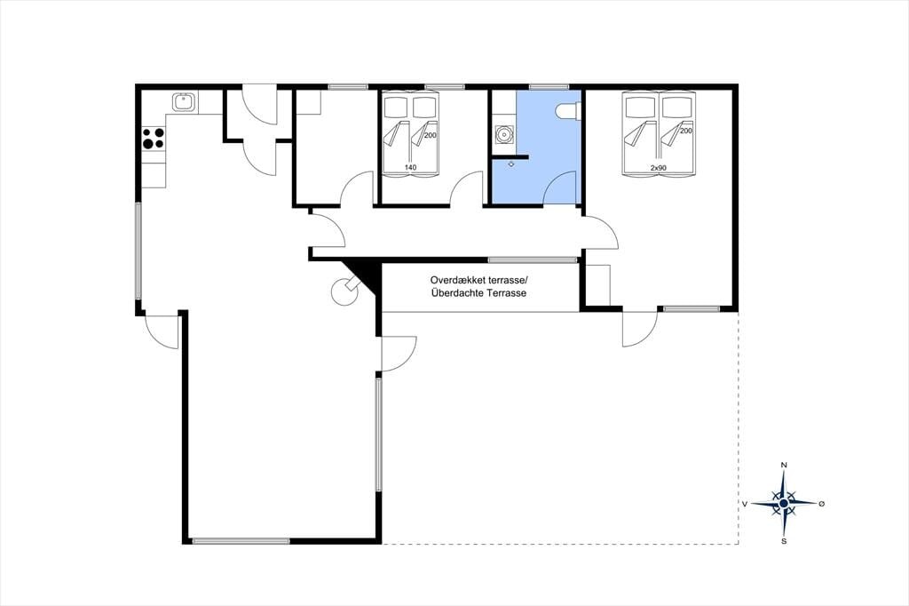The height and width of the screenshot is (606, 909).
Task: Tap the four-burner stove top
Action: pyautogui.click(x=154, y=138)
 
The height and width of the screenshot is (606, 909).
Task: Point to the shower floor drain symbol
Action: pyautogui.click(x=510, y=164)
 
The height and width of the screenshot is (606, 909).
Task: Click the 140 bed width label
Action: pyautogui.click(x=410, y=168)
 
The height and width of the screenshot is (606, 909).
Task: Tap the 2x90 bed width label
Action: pyautogui.click(x=658, y=168)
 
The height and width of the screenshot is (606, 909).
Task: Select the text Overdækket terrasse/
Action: pyautogui.click(x=479, y=279)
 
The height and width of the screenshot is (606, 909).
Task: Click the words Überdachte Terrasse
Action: pyautogui.click(x=478, y=293)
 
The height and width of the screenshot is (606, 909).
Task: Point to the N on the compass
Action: pyautogui.click(x=784, y=465)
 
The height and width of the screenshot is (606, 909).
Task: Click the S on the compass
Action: pyautogui.click(x=784, y=541)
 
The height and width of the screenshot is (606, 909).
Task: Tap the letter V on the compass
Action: pyautogui.click(x=745, y=504)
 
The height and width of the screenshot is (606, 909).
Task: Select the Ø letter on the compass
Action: pyautogui.click(x=821, y=504)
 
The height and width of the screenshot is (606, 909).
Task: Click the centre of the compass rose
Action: pyautogui.click(x=784, y=503)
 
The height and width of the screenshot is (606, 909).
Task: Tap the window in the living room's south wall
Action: pyautogui.click(x=241, y=541)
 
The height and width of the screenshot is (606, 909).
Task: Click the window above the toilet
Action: pyautogui.click(x=549, y=87)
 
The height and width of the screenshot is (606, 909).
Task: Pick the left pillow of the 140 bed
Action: pyautogui.click(x=397, y=108)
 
